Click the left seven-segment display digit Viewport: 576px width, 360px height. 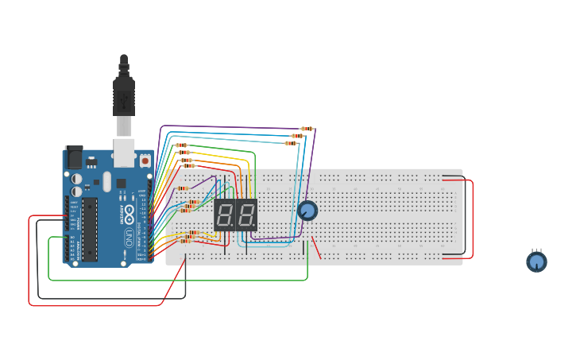tap(224, 215)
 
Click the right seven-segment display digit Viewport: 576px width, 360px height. tap(246, 215)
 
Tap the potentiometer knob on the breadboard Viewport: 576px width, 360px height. tap(307, 211)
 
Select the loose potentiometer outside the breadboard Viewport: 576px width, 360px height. tap(537, 261)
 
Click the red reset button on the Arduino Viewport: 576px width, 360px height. tap(145, 161)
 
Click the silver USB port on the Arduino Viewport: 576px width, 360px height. tap(124, 152)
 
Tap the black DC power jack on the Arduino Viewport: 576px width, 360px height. tap(73, 158)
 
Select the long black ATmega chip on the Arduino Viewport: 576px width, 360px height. tap(89, 230)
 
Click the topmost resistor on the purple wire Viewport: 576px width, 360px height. tap(307, 129)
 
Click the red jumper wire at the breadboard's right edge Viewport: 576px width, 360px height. tap(473, 219)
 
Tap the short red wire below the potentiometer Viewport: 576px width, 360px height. tap(316, 247)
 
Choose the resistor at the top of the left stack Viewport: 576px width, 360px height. tap(181, 145)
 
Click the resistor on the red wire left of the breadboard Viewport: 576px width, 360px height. tap(183, 188)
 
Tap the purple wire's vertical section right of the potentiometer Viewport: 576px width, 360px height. tap(313, 175)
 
